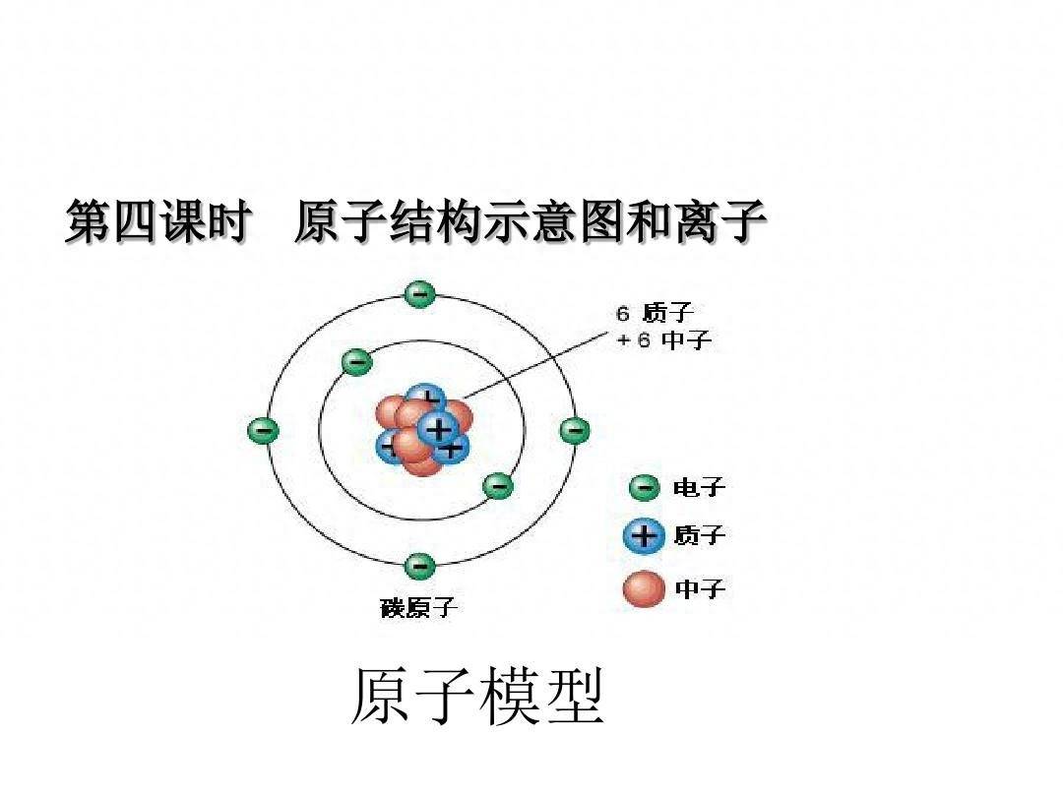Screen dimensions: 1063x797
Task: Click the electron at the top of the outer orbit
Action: (x=419, y=294)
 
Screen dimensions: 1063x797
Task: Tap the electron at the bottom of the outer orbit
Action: (x=419, y=566)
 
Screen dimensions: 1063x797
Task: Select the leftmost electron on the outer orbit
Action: (x=263, y=430)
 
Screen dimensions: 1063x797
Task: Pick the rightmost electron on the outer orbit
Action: (x=574, y=430)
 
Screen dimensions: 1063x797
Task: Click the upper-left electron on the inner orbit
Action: (x=356, y=362)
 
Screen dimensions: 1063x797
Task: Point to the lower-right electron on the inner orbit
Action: (x=498, y=485)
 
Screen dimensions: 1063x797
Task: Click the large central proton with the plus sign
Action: (x=438, y=428)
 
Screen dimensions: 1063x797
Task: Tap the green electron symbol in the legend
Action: (x=644, y=487)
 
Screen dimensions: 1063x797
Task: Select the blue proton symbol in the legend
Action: (x=644, y=536)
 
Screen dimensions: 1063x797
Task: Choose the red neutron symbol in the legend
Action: (x=644, y=588)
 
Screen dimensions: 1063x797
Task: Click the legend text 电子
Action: (x=699, y=487)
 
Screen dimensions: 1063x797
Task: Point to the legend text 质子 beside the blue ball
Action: (x=700, y=536)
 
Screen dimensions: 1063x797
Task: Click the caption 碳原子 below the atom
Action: (x=418, y=607)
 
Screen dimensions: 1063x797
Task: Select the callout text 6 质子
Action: (x=655, y=313)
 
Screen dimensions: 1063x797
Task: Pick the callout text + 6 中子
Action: (x=663, y=338)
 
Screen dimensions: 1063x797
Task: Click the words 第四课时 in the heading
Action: (x=157, y=221)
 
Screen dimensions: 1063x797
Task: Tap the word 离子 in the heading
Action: (x=720, y=221)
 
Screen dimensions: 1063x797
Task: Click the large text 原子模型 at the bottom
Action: (x=477, y=697)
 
